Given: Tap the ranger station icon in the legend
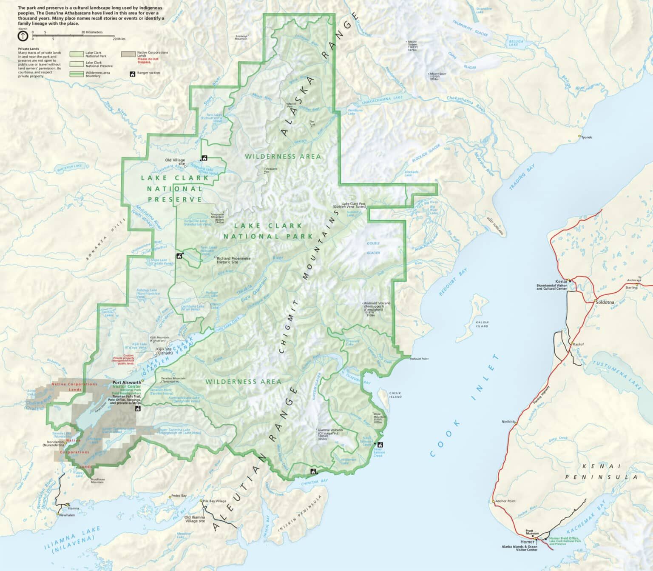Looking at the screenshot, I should pyautogui.click(x=132, y=73).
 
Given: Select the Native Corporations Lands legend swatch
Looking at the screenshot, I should pyautogui.click(x=128, y=54).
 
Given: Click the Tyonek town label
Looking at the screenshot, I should pyautogui.click(x=586, y=137).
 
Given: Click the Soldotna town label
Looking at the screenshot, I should pyautogui.click(x=606, y=302).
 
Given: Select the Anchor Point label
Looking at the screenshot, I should pyautogui.click(x=505, y=501).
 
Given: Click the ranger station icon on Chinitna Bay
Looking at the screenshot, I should pyautogui.click(x=313, y=471).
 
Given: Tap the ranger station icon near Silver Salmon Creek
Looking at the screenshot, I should pyautogui.click(x=380, y=445).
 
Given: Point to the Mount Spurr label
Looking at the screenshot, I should pyautogui.click(x=437, y=74).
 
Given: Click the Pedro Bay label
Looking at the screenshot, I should pyautogui.click(x=179, y=496).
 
